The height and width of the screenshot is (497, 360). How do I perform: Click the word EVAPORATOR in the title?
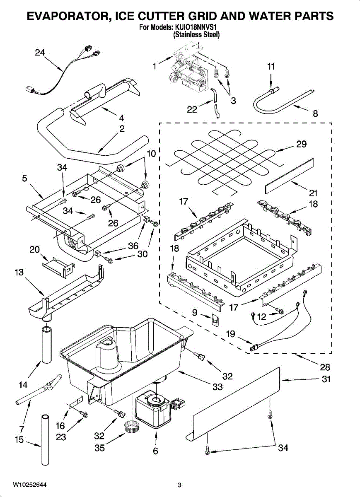click(68, 16)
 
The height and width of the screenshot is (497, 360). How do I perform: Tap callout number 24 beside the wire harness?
click(40, 53)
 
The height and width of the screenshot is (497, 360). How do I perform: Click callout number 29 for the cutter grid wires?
click(302, 144)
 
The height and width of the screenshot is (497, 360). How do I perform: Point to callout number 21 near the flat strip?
click(313, 193)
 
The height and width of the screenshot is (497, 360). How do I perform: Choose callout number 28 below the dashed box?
click(325, 367)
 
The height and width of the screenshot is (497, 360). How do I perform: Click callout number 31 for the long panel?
click(326, 379)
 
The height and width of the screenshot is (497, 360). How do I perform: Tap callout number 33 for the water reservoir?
click(217, 387)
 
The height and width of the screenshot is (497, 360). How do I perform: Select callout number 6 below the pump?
click(156, 451)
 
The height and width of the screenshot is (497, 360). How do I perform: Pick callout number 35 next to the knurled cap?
click(99, 448)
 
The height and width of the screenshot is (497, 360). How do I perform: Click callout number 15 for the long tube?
click(19, 439)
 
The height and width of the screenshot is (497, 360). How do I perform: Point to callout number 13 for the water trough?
click(19, 272)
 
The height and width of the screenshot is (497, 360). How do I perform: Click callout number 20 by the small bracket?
click(35, 250)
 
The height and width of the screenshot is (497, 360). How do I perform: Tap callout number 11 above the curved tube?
click(271, 66)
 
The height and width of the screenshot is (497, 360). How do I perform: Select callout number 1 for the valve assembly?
click(155, 66)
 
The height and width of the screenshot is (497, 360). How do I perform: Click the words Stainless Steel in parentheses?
click(196, 35)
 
